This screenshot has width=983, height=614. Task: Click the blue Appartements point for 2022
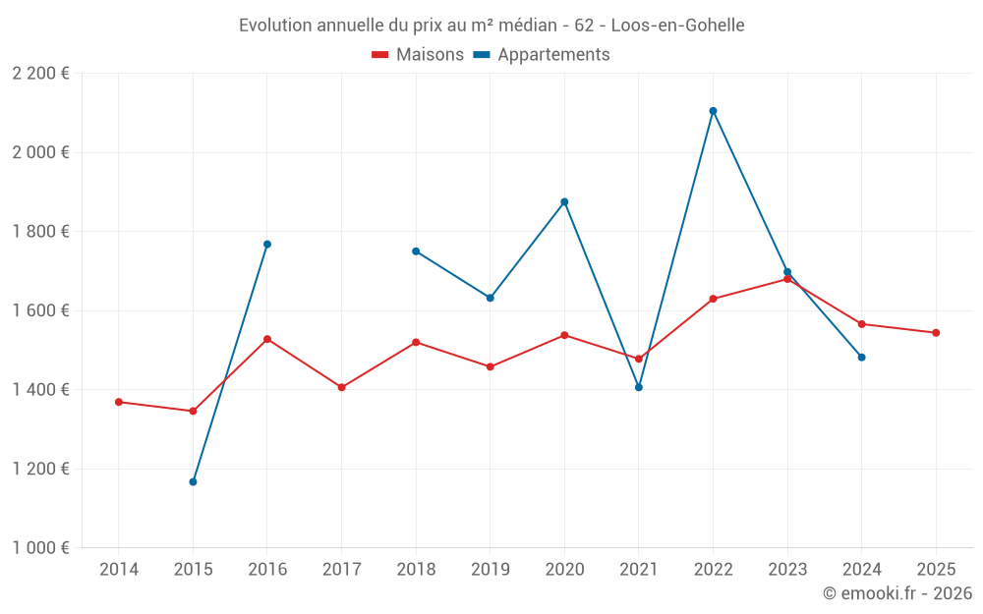713,111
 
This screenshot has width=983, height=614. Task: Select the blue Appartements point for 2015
193,482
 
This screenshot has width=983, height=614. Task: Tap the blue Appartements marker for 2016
267,245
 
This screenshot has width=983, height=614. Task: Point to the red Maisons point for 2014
119,402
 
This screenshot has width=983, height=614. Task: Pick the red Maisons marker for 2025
936,333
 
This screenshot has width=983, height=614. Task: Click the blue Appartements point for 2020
564,202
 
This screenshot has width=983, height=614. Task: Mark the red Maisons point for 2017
341,387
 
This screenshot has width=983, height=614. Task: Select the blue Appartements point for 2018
416,251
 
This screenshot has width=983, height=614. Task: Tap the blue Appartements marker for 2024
861,358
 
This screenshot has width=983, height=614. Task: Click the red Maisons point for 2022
713,299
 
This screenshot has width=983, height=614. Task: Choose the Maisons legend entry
418,55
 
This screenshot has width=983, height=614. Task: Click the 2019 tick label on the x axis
490,570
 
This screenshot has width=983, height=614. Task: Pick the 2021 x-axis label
638,570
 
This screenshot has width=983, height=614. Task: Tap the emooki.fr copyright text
897,593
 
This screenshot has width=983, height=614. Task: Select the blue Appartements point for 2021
639,387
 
